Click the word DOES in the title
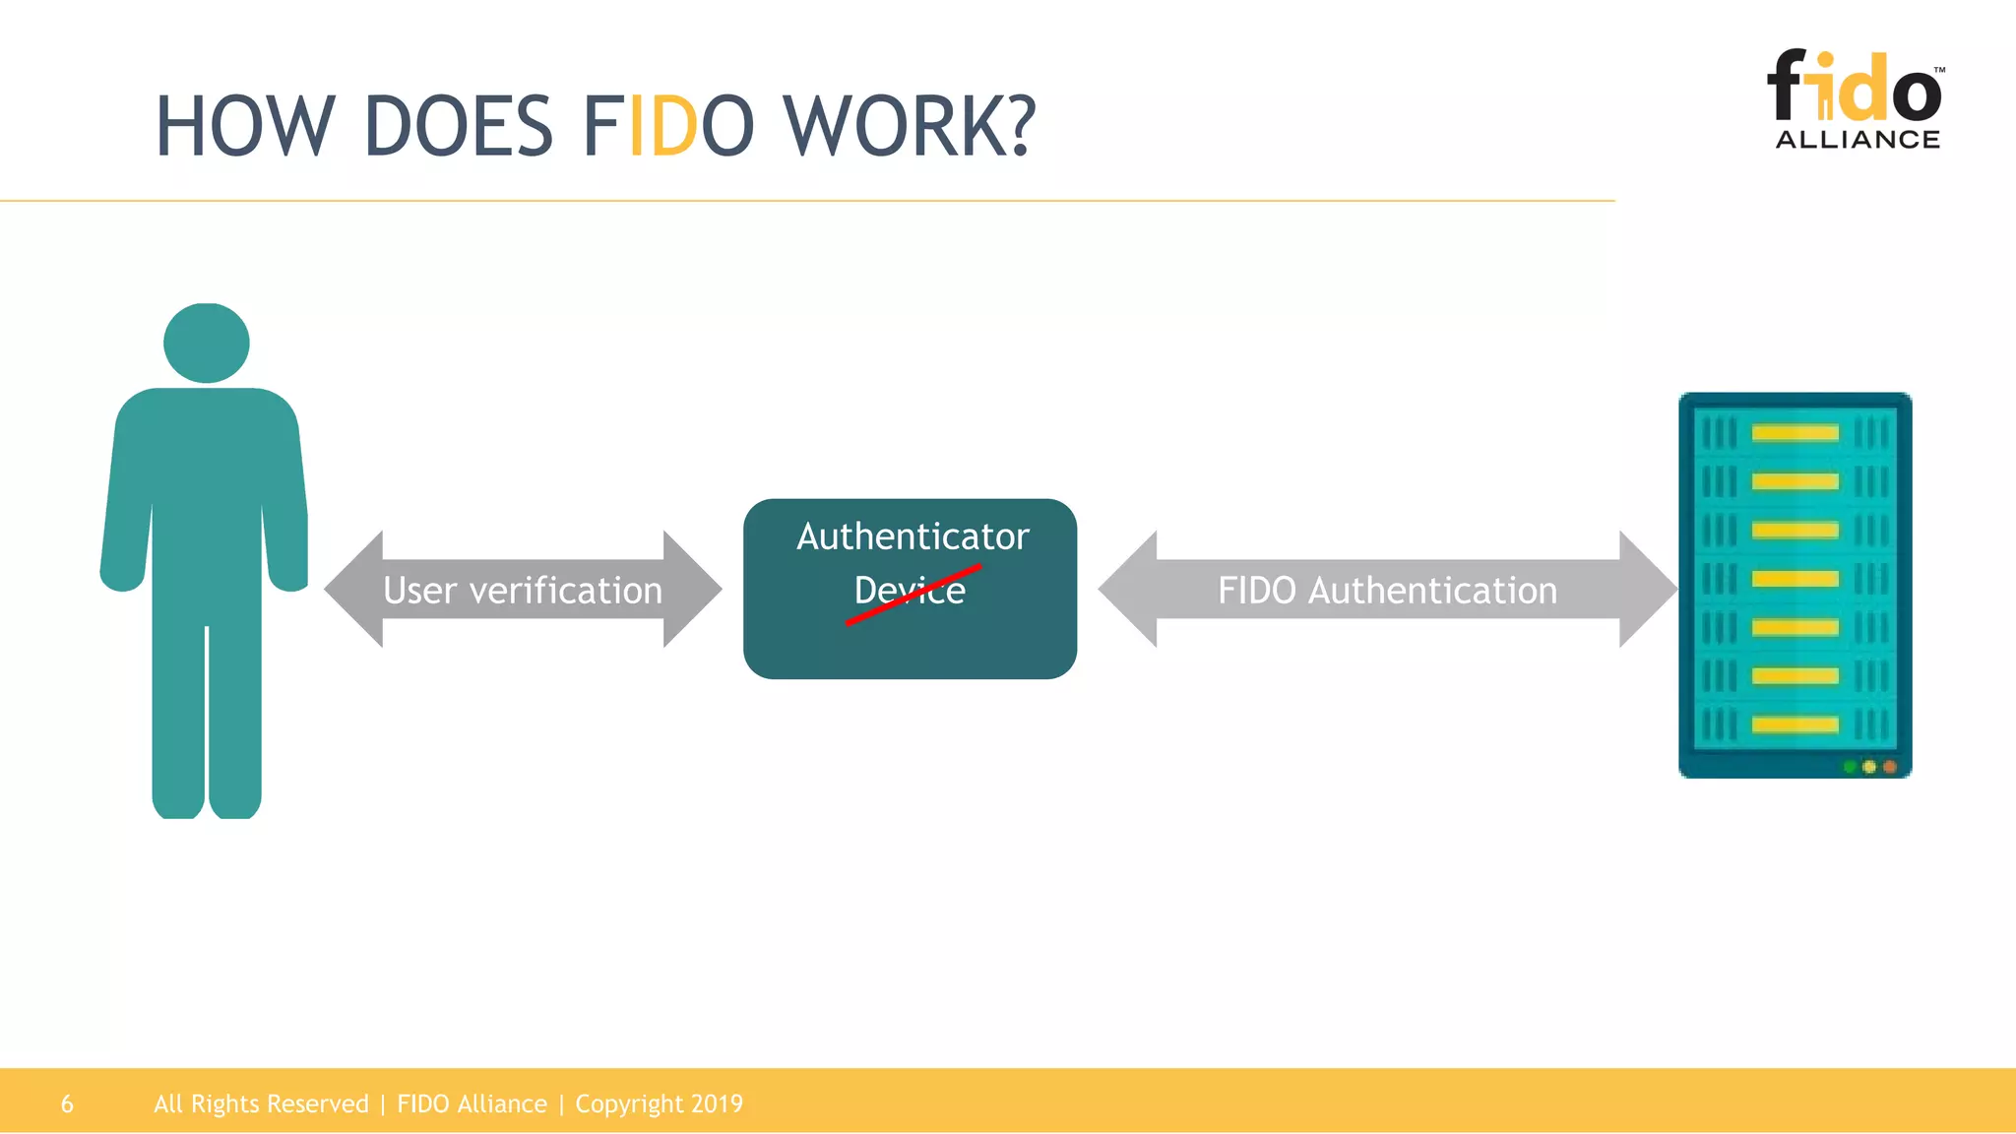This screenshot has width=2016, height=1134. tap(458, 127)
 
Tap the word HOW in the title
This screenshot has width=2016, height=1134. tap(245, 127)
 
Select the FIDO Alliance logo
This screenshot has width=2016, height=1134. tap(1857, 98)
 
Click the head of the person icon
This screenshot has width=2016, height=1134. tap(207, 343)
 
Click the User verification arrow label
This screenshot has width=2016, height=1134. tap(523, 591)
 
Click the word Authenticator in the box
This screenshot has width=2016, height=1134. tap(913, 536)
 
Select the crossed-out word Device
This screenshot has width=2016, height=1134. tap(910, 591)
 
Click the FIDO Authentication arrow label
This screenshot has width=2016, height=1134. tap(1387, 591)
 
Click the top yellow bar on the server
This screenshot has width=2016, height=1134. tap(1795, 433)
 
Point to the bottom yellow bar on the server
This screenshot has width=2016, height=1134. tap(1795, 725)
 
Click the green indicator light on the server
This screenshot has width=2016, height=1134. tap(1850, 767)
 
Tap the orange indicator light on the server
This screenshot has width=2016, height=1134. tap(1889, 767)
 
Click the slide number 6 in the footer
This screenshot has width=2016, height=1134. tap(67, 1104)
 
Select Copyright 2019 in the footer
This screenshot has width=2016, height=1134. tap(659, 1104)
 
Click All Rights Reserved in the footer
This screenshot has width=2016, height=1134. tap(261, 1104)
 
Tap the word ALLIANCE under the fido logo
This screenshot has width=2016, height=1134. tap(1858, 140)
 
